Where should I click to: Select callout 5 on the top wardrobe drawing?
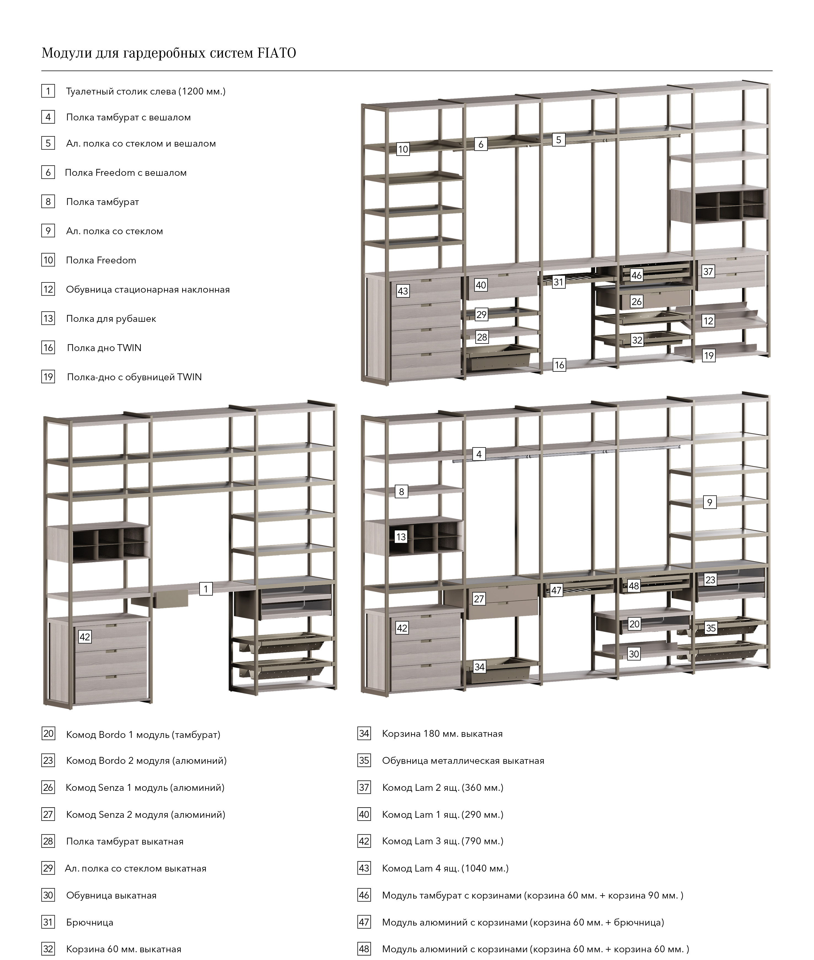click(558, 140)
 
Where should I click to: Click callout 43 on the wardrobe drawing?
click(403, 291)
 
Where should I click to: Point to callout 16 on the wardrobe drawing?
click(559, 365)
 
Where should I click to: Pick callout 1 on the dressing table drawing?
click(206, 589)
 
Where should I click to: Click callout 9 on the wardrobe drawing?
click(710, 502)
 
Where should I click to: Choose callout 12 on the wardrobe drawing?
click(708, 321)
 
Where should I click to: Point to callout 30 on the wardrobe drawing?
click(634, 654)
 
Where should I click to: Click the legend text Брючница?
click(90, 922)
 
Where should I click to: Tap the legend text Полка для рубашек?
click(111, 319)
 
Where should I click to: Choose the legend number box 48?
click(364, 949)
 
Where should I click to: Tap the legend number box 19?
click(48, 377)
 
